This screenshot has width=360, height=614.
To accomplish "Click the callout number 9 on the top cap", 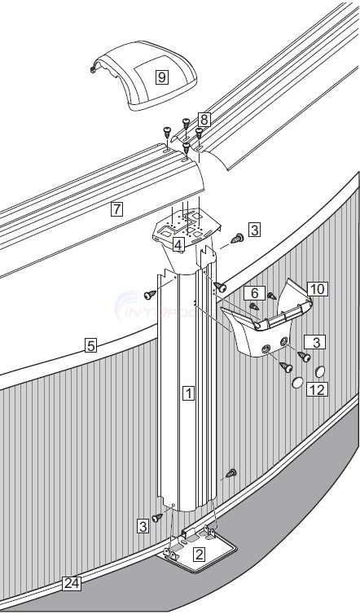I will pyautogui.click(x=162, y=77).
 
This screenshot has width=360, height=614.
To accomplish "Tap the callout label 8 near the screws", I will pyautogui.click(x=204, y=119).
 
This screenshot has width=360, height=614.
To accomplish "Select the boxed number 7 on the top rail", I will pyautogui.click(x=117, y=208).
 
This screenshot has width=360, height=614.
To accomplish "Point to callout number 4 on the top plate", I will pyautogui.click(x=177, y=243).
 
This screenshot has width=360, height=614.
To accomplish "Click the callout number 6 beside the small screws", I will pyautogui.click(x=254, y=292).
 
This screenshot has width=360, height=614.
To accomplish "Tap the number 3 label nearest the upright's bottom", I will pyautogui.click(x=143, y=527).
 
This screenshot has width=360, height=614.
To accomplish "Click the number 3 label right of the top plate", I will pyautogui.click(x=254, y=230).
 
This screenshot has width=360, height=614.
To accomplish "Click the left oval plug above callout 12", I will pyautogui.click(x=297, y=383).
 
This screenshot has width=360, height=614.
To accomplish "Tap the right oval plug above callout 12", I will pyautogui.click(x=319, y=371).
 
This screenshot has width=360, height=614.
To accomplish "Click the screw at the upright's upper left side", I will pyautogui.click(x=149, y=295).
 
